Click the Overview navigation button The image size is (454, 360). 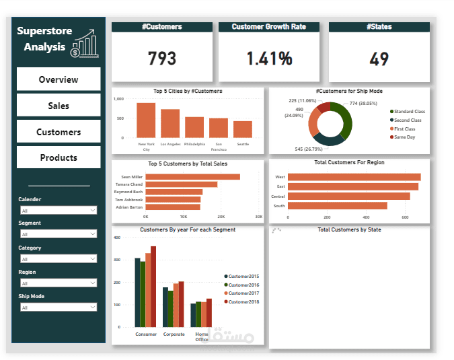point(59,79)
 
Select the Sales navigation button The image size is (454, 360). point(59,106)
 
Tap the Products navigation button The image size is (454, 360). point(59,157)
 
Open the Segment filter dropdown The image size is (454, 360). point(59,234)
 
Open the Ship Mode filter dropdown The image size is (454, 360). point(59,308)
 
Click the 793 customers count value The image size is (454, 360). point(162,59)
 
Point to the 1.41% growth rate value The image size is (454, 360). point(269,59)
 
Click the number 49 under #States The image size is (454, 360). point(379,59)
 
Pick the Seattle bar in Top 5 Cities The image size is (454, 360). point(243,129)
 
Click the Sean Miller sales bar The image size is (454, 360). point(193,177)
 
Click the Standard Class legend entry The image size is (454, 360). point(409,111)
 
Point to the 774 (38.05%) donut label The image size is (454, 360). point(363,104)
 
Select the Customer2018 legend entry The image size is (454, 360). point(243,301)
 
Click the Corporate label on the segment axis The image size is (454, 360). point(174,334)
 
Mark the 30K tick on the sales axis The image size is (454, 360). point(258,217)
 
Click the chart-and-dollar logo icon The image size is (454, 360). point(83,44)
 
